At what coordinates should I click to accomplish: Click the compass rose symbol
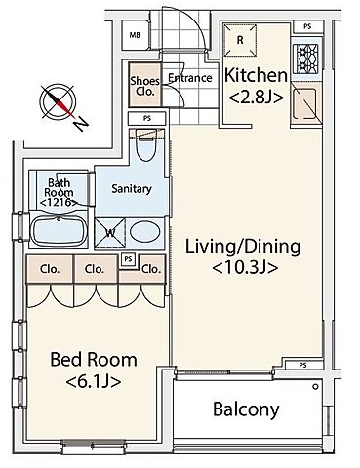point(59,101)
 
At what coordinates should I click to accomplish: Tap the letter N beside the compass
point(80,124)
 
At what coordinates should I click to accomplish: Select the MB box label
point(135,35)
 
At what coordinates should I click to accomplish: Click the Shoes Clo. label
point(145,86)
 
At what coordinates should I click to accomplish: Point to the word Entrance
point(190,78)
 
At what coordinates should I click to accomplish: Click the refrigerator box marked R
point(240,40)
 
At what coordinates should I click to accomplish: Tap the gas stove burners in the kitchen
point(305,58)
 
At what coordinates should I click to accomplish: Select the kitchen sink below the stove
point(304,104)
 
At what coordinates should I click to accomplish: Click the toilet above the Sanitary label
point(146,145)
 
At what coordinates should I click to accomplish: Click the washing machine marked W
point(110,233)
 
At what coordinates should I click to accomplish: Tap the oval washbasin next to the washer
point(145,232)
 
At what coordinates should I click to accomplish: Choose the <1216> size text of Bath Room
point(59,203)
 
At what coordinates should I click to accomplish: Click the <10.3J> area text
point(245,267)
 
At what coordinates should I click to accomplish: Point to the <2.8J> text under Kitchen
point(256,97)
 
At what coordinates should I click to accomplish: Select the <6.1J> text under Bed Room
point(94,381)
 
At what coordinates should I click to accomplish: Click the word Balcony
point(246,409)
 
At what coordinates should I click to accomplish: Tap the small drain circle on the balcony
point(315,387)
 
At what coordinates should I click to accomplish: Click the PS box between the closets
point(129,259)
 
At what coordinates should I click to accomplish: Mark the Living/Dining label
point(243,247)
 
